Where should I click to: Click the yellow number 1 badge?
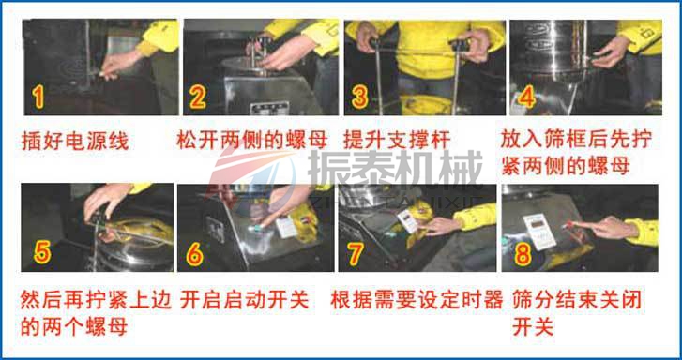pyautogui.click(x=37, y=96)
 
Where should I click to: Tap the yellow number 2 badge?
pyautogui.click(x=198, y=96)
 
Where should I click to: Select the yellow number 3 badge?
pyautogui.click(x=360, y=96)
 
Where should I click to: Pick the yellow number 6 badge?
pyautogui.click(x=195, y=253)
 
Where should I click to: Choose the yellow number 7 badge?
pyautogui.click(x=356, y=253)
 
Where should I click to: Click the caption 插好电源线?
pyautogui.click(x=75, y=142)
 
